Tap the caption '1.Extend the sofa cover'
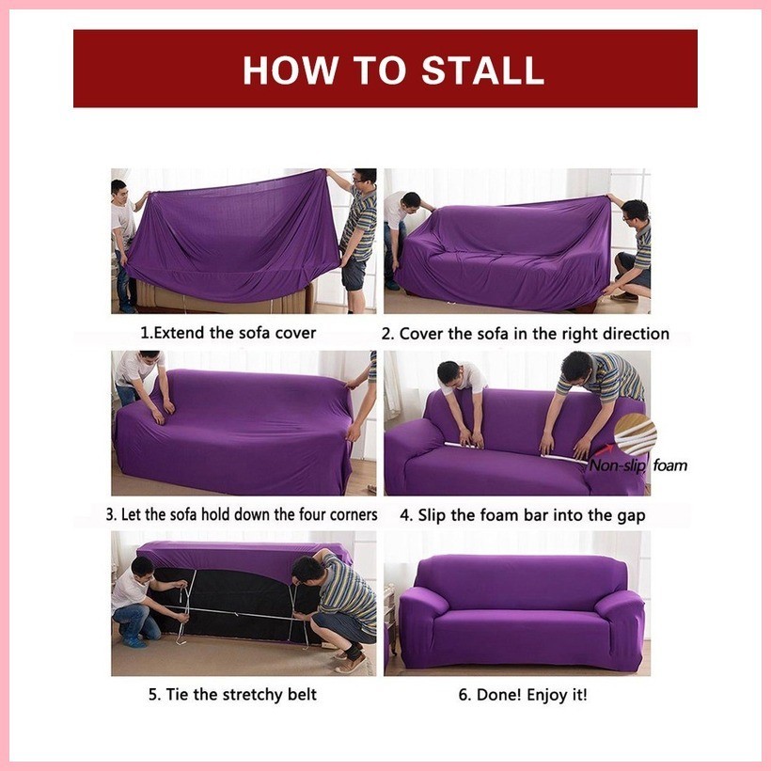pos(228,332)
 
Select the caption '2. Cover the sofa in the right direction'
pos(525,333)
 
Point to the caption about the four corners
pos(241,514)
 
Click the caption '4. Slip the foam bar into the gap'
pos(522,515)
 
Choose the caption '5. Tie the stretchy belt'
pos(231,695)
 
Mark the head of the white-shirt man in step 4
pos(449,372)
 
